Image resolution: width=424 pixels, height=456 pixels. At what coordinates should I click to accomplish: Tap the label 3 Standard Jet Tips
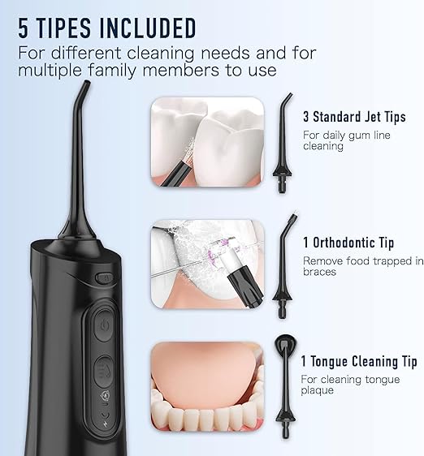pyautogui.click(x=354, y=118)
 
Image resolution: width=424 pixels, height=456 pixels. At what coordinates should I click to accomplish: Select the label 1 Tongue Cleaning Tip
pyautogui.click(x=358, y=362)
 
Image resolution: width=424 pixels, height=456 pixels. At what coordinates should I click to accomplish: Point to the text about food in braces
pyautogui.click(x=362, y=266)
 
